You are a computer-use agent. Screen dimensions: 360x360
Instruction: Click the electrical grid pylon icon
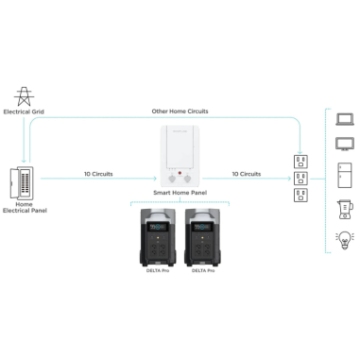[x=22, y=94]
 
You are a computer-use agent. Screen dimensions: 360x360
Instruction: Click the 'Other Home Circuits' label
[x=180, y=111]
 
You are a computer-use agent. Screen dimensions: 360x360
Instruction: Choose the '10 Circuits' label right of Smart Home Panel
[x=247, y=174]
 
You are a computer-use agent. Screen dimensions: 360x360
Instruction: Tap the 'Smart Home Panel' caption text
[x=179, y=192]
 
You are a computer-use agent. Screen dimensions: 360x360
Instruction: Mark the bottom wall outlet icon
[x=301, y=196]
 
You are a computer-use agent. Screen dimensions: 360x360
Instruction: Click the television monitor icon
[x=344, y=145]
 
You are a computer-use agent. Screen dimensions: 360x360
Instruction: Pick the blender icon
[x=344, y=209]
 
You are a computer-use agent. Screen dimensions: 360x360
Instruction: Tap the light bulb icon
[x=344, y=239]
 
